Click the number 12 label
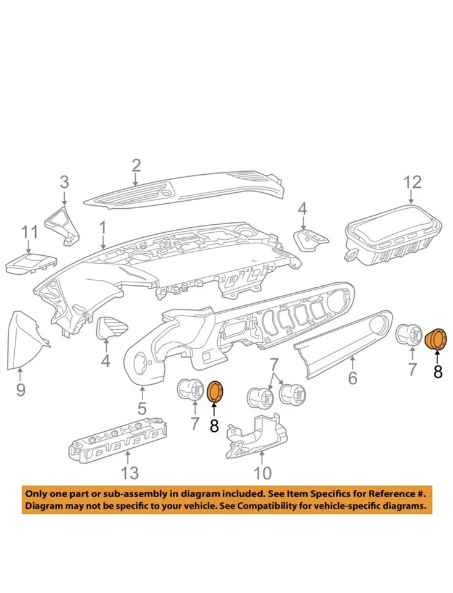coord(412,182)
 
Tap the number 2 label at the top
coord(136,165)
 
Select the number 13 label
coord(129,473)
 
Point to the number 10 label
coord(262,473)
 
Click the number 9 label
coord(20,390)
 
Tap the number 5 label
coord(142,408)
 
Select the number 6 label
coord(352,377)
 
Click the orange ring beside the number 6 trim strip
coord(437,339)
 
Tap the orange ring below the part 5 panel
coord(216,391)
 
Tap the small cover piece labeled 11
coord(30,262)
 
